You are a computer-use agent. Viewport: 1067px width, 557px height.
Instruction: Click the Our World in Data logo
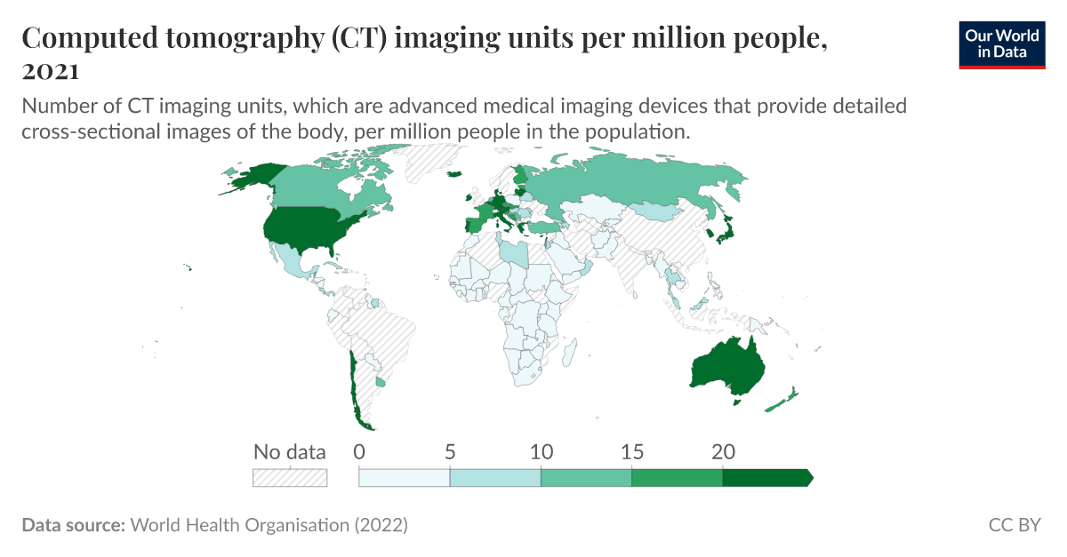pos(1002,44)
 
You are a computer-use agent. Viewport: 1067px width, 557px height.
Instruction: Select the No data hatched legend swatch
pos(290,478)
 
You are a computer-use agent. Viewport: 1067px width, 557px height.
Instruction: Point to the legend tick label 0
pos(359,452)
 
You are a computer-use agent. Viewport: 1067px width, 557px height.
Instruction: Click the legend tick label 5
pos(450,452)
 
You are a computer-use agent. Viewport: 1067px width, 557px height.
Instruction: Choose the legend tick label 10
pos(541,452)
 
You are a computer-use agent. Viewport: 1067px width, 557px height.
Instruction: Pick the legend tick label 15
pos(631,452)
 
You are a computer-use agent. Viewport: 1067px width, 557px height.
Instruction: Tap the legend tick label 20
pos(723,452)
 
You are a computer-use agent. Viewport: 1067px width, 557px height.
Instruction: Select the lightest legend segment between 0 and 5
pos(405,478)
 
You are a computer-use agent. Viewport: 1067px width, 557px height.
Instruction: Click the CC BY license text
pos(1014,525)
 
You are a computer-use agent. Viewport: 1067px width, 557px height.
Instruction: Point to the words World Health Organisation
pos(240,525)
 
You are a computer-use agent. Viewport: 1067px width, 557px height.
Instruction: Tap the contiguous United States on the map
pos(311,228)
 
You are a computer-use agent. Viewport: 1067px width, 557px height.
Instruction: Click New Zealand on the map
pos(782,401)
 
